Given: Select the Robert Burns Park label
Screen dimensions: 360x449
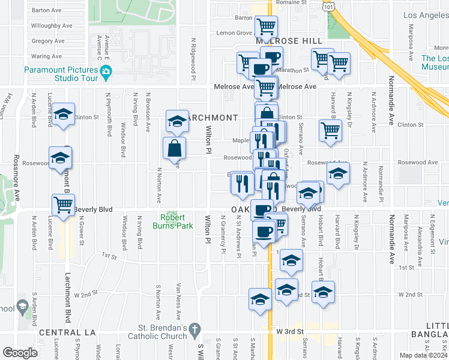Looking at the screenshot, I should pyautogui.click(x=175, y=221).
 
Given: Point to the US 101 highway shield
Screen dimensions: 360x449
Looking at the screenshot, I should pyautogui.click(x=328, y=5).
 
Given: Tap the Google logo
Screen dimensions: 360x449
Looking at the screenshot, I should pyautogui.click(x=20, y=353).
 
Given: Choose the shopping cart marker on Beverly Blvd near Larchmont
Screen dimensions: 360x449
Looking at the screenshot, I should pyautogui.click(x=63, y=205).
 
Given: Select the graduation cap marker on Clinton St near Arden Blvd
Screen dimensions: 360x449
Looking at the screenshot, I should pyautogui.click(x=62, y=115).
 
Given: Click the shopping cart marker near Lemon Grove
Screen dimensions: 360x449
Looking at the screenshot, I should pyautogui.click(x=265, y=26).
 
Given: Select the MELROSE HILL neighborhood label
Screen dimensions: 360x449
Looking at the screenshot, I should pyautogui.click(x=294, y=40).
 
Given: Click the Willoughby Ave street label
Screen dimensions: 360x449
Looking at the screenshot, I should pyautogui.click(x=50, y=26).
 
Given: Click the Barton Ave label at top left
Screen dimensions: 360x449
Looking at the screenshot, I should pyautogui.click(x=47, y=10).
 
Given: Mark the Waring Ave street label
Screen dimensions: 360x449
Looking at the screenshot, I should pyautogui.click(x=46, y=56).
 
